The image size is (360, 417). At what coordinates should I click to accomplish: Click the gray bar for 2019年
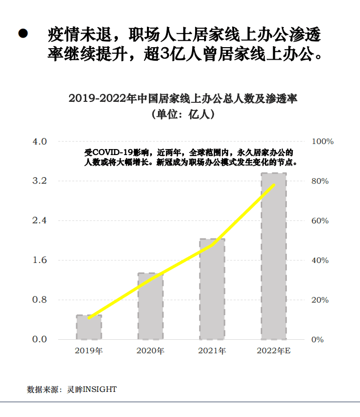tap(89, 327)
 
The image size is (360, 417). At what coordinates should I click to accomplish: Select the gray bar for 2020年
tap(150, 306)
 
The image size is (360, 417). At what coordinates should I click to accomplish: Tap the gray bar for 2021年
tap(212, 289)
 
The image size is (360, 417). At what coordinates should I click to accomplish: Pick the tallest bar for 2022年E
tap(274, 256)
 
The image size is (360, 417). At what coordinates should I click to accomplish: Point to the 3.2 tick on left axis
tap(40, 181)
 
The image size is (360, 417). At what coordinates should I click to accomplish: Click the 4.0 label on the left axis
tap(40, 142)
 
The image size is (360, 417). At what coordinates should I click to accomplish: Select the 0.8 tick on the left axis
tap(40, 300)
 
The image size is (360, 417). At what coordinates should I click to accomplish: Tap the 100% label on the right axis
tap(322, 142)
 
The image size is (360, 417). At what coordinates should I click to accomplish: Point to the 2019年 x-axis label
tap(89, 351)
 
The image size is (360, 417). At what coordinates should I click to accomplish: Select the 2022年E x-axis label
tap(274, 351)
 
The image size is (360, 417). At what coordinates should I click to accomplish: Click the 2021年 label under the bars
tap(212, 351)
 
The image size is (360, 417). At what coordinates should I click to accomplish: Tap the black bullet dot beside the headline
tap(23, 34)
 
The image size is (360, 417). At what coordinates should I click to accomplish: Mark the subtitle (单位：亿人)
tap(183, 114)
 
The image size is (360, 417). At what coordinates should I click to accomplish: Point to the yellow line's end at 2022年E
tap(274, 185)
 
